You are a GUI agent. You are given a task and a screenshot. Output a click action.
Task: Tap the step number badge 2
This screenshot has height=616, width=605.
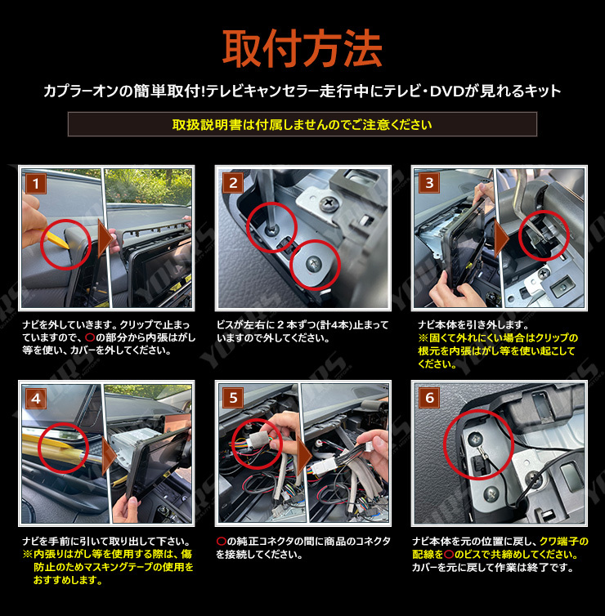point(233,182)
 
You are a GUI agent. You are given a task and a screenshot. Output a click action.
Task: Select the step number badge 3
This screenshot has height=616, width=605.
point(429,182)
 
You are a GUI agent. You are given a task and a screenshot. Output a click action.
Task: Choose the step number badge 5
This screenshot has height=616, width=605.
point(233,398)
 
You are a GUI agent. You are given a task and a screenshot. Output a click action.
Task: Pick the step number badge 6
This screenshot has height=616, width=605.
point(429,398)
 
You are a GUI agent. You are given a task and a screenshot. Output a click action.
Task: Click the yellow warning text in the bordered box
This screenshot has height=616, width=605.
point(302,124)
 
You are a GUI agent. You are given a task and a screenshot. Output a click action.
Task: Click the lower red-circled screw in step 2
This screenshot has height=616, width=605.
point(316,263)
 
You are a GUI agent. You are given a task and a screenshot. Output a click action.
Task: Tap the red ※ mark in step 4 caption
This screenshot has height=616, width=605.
point(26,555)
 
